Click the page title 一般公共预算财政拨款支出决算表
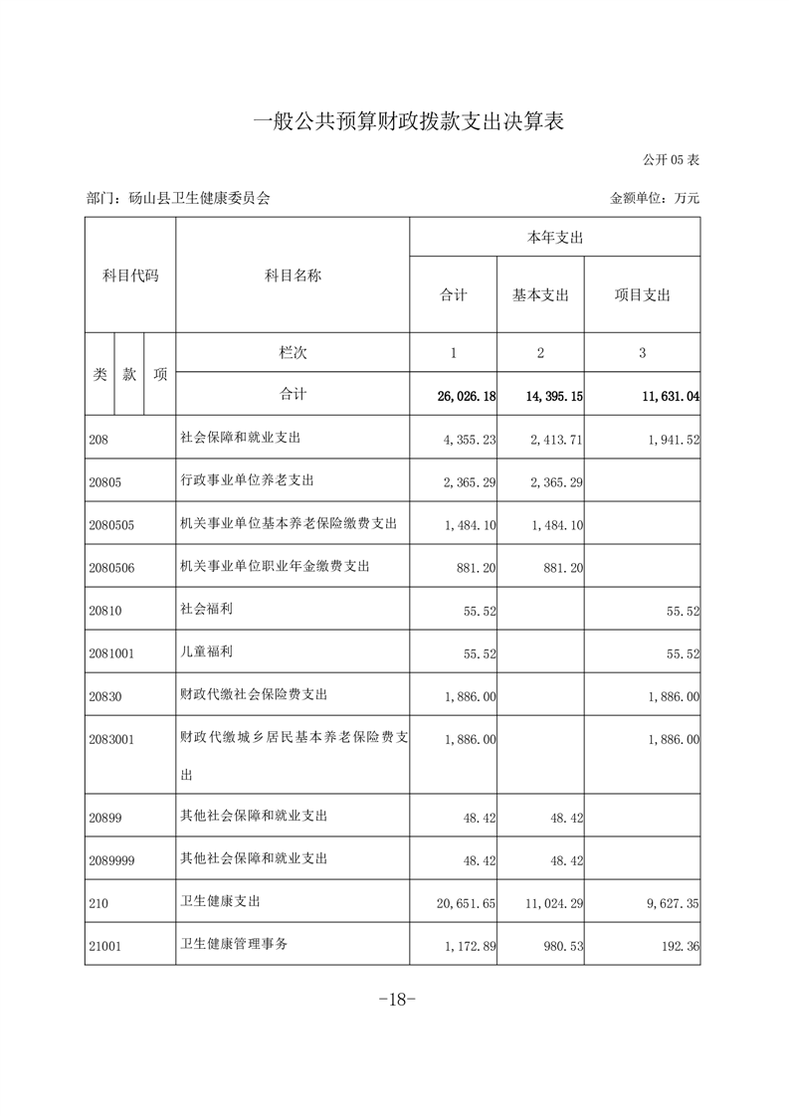(409, 122)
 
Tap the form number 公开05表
(671, 159)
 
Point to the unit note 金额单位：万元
(655, 198)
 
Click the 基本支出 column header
(540, 295)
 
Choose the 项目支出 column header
(642, 295)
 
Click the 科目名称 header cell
(293, 276)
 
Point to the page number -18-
(395, 1000)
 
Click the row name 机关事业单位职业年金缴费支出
(275, 567)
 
